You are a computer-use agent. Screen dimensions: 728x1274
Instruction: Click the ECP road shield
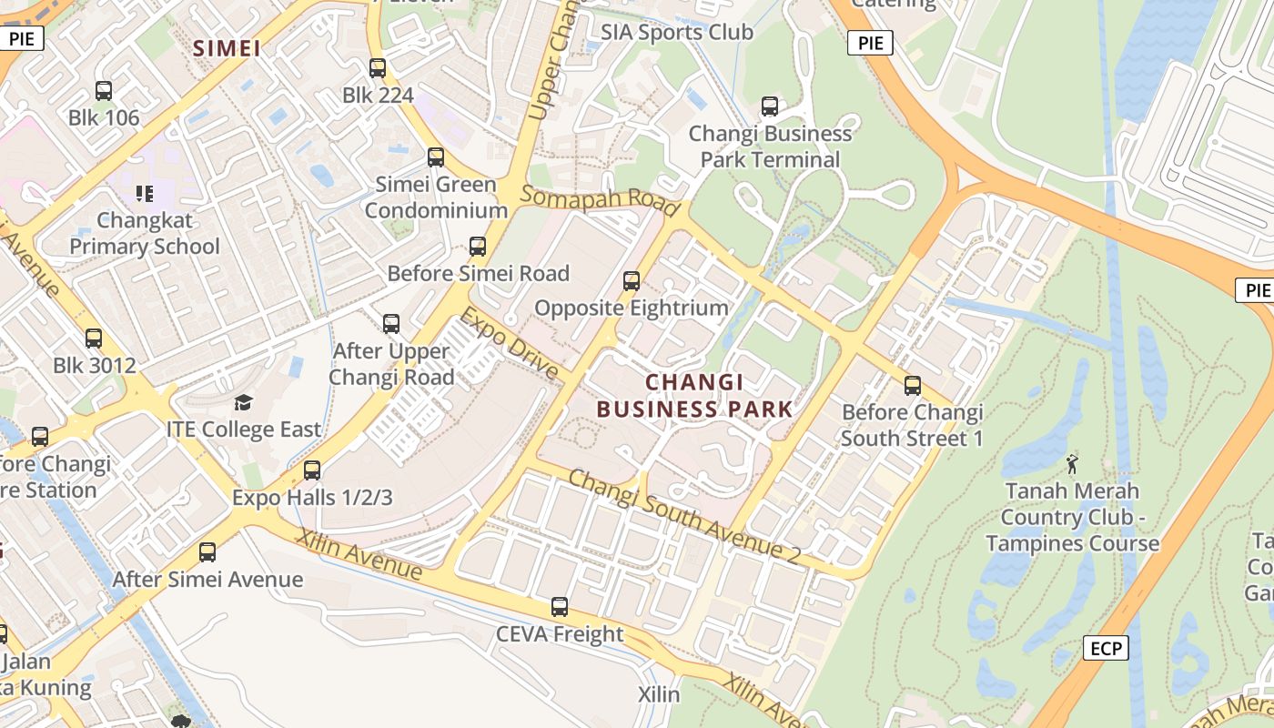[x=1106, y=648]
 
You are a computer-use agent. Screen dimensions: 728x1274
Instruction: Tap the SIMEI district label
[x=227, y=48]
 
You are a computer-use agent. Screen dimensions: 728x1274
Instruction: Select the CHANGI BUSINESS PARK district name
[x=694, y=396]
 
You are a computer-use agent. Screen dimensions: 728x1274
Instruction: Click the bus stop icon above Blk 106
[x=104, y=91]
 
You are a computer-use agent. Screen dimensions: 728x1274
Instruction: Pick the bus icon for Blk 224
[x=378, y=68]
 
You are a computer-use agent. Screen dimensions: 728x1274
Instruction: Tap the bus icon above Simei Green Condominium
[x=436, y=157]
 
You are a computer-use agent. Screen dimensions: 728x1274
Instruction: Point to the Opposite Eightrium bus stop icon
[x=632, y=281]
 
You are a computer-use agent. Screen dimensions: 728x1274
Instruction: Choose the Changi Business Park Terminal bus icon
[x=770, y=106]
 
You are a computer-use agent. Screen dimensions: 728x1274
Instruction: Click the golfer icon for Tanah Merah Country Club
[x=1072, y=464]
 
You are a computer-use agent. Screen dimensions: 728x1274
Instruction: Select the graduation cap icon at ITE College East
[x=244, y=402]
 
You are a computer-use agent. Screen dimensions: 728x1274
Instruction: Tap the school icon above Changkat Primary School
[x=144, y=193]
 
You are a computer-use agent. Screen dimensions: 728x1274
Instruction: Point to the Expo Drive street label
[x=509, y=343]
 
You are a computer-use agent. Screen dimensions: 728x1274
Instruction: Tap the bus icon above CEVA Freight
[x=560, y=607]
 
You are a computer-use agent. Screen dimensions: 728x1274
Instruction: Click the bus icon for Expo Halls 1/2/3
[x=312, y=470]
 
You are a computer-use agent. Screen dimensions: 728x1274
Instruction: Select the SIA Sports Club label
[x=677, y=32]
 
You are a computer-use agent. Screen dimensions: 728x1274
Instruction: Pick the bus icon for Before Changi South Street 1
[x=913, y=386]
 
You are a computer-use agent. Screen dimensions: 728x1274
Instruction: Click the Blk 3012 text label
[x=95, y=366]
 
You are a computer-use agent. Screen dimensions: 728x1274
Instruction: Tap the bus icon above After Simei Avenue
[x=207, y=552]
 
